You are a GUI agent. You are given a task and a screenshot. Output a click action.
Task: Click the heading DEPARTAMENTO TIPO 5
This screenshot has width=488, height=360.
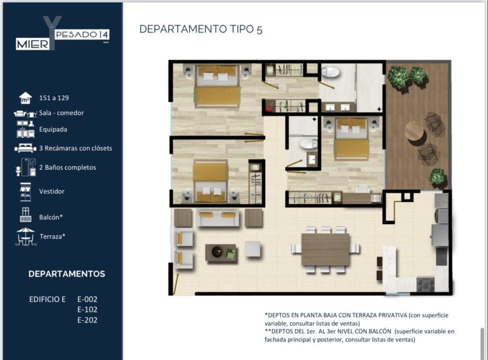point(201,29)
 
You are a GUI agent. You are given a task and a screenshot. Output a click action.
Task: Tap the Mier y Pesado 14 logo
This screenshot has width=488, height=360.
point(62,34)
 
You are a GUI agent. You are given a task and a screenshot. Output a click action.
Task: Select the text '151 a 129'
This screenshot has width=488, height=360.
point(54,98)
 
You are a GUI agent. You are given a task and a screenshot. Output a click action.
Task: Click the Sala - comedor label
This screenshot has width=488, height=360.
point(61,113)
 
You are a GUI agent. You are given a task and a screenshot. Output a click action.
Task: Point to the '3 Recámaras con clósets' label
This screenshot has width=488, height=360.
point(76,148)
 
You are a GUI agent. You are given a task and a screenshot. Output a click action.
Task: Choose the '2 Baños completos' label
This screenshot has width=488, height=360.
point(68,167)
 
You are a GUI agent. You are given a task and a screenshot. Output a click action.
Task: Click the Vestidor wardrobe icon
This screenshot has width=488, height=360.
point(25,192)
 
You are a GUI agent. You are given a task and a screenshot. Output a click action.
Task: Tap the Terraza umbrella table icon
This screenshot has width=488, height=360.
point(26,237)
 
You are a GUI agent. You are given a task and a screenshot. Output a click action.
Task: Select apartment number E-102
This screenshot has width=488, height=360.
point(87,309)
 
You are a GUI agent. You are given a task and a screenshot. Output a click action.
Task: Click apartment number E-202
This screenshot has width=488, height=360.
point(87,320)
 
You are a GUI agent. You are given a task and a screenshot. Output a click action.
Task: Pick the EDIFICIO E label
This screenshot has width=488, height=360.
point(47,299)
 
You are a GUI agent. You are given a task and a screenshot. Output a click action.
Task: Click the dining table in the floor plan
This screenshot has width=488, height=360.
point(325,250)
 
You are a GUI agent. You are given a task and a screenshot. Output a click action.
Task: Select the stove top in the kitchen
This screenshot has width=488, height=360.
point(425,284)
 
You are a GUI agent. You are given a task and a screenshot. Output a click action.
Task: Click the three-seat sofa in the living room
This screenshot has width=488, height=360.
point(218,218)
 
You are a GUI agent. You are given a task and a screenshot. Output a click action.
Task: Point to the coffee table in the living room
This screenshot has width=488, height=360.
point(221,253)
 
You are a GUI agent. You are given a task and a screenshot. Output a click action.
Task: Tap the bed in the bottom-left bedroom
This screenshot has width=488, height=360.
point(211,181)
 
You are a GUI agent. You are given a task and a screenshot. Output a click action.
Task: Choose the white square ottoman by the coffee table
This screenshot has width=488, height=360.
point(253,249)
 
